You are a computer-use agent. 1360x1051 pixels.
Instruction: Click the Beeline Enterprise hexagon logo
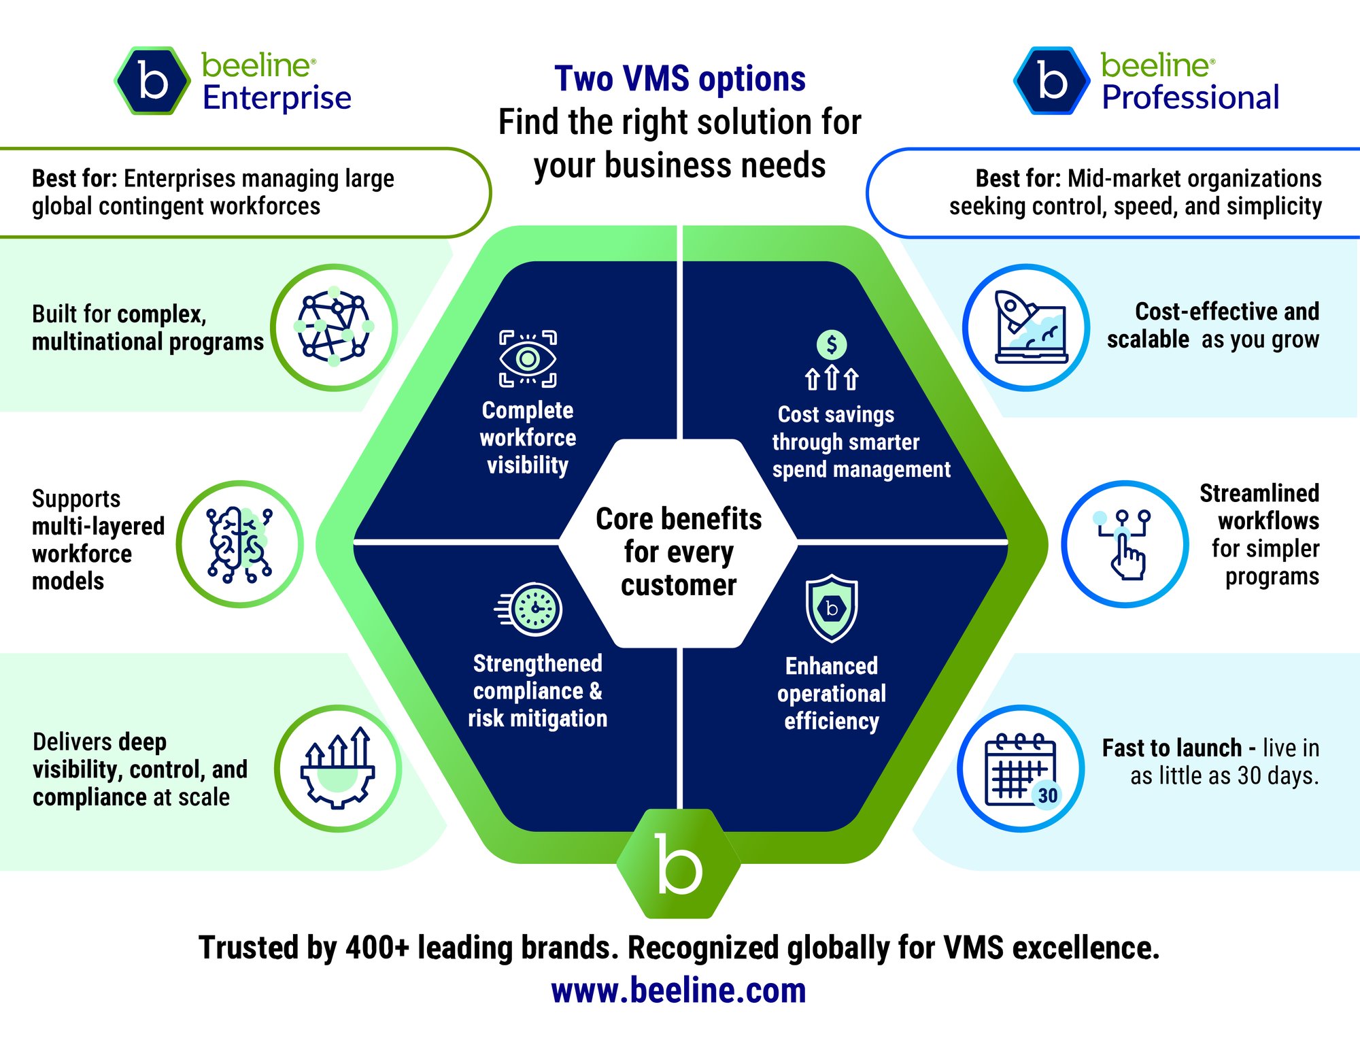[x=152, y=81]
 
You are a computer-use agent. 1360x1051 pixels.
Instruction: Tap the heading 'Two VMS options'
[x=679, y=78]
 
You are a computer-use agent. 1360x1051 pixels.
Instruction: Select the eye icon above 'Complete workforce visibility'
[x=528, y=358]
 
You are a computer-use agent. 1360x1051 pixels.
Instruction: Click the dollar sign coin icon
[x=832, y=345]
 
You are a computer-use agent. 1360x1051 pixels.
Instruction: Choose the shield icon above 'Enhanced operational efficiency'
[x=831, y=608]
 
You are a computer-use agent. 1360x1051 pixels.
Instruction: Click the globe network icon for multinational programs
[x=334, y=327]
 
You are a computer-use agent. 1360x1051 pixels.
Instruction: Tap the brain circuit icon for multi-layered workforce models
[x=239, y=544]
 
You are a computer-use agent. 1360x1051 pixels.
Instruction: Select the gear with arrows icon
[x=338, y=768]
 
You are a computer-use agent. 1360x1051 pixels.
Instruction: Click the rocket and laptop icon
[x=1026, y=327]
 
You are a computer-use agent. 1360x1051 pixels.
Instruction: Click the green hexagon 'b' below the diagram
[x=679, y=864]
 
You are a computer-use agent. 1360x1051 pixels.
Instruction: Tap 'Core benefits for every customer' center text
[x=679, y=552]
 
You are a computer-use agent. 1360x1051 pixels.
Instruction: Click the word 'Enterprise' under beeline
[x=277, y=97]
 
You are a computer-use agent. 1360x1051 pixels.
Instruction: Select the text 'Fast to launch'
[x=1172, y=748]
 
